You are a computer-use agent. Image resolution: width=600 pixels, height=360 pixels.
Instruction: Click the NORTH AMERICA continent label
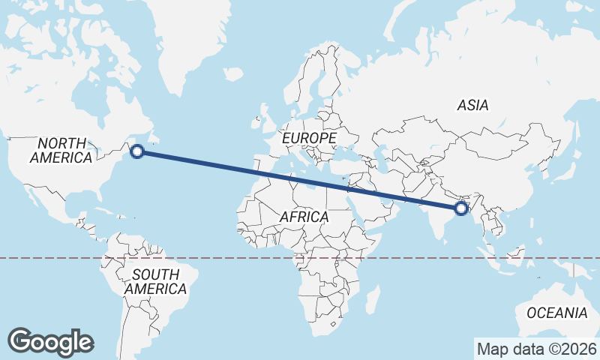coord(61,150)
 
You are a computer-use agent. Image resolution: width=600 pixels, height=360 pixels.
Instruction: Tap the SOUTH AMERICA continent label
coord(155,281)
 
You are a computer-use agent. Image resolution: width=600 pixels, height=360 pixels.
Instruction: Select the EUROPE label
coord(308,139)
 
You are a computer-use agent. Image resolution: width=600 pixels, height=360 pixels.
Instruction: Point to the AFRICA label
coord(304,217)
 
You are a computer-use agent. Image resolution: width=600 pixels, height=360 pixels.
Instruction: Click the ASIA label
coord(472,106)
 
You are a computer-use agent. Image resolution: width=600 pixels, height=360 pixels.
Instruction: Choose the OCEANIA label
coord(556,313)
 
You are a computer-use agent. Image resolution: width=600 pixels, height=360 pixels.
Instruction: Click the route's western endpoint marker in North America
coord(136,151)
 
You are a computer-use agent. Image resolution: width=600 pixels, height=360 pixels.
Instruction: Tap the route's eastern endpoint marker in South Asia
coord(461,208)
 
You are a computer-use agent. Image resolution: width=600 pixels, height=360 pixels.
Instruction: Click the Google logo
coord(51,342)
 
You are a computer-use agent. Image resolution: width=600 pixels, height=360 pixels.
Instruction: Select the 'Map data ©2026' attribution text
coord(537,349)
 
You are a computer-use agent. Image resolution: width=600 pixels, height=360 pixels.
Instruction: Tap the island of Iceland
coord(233,74)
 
